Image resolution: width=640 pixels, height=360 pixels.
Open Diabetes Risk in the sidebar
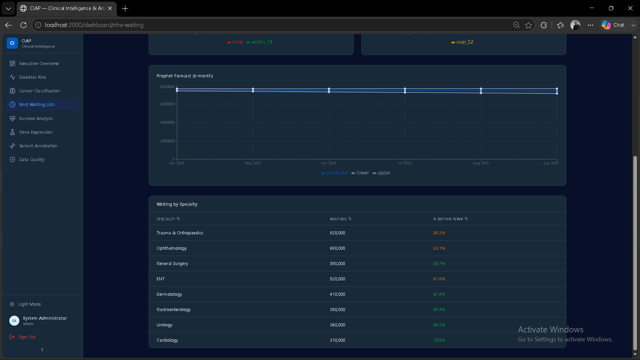(x=33, y=77)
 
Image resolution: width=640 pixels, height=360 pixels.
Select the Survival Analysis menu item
(x=36, y=118)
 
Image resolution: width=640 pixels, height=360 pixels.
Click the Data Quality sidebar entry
(x=32, y=159)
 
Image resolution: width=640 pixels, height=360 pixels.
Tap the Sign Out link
(x=27, y=337)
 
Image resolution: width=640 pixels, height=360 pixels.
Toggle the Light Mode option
(x=29, y=304)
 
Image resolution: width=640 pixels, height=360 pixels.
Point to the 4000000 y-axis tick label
(x=167, y=122)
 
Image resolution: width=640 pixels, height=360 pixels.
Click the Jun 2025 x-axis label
(x=329, y=163)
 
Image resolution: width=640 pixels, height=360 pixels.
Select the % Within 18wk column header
(x=450, y=219)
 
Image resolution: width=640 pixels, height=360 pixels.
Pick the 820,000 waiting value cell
(x=337, y=233)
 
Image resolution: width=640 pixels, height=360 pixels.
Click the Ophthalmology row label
(x=172, y=248)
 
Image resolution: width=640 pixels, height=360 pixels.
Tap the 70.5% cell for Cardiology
(x=439, y=340)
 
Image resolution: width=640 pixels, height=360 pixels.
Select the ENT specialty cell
(x=161, y=279)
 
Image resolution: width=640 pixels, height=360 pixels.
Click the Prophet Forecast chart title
(x=185, y=76)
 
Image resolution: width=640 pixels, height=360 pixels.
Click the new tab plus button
(x=125, y=9)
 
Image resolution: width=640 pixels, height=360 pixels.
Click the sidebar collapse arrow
(x=42, y=350)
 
